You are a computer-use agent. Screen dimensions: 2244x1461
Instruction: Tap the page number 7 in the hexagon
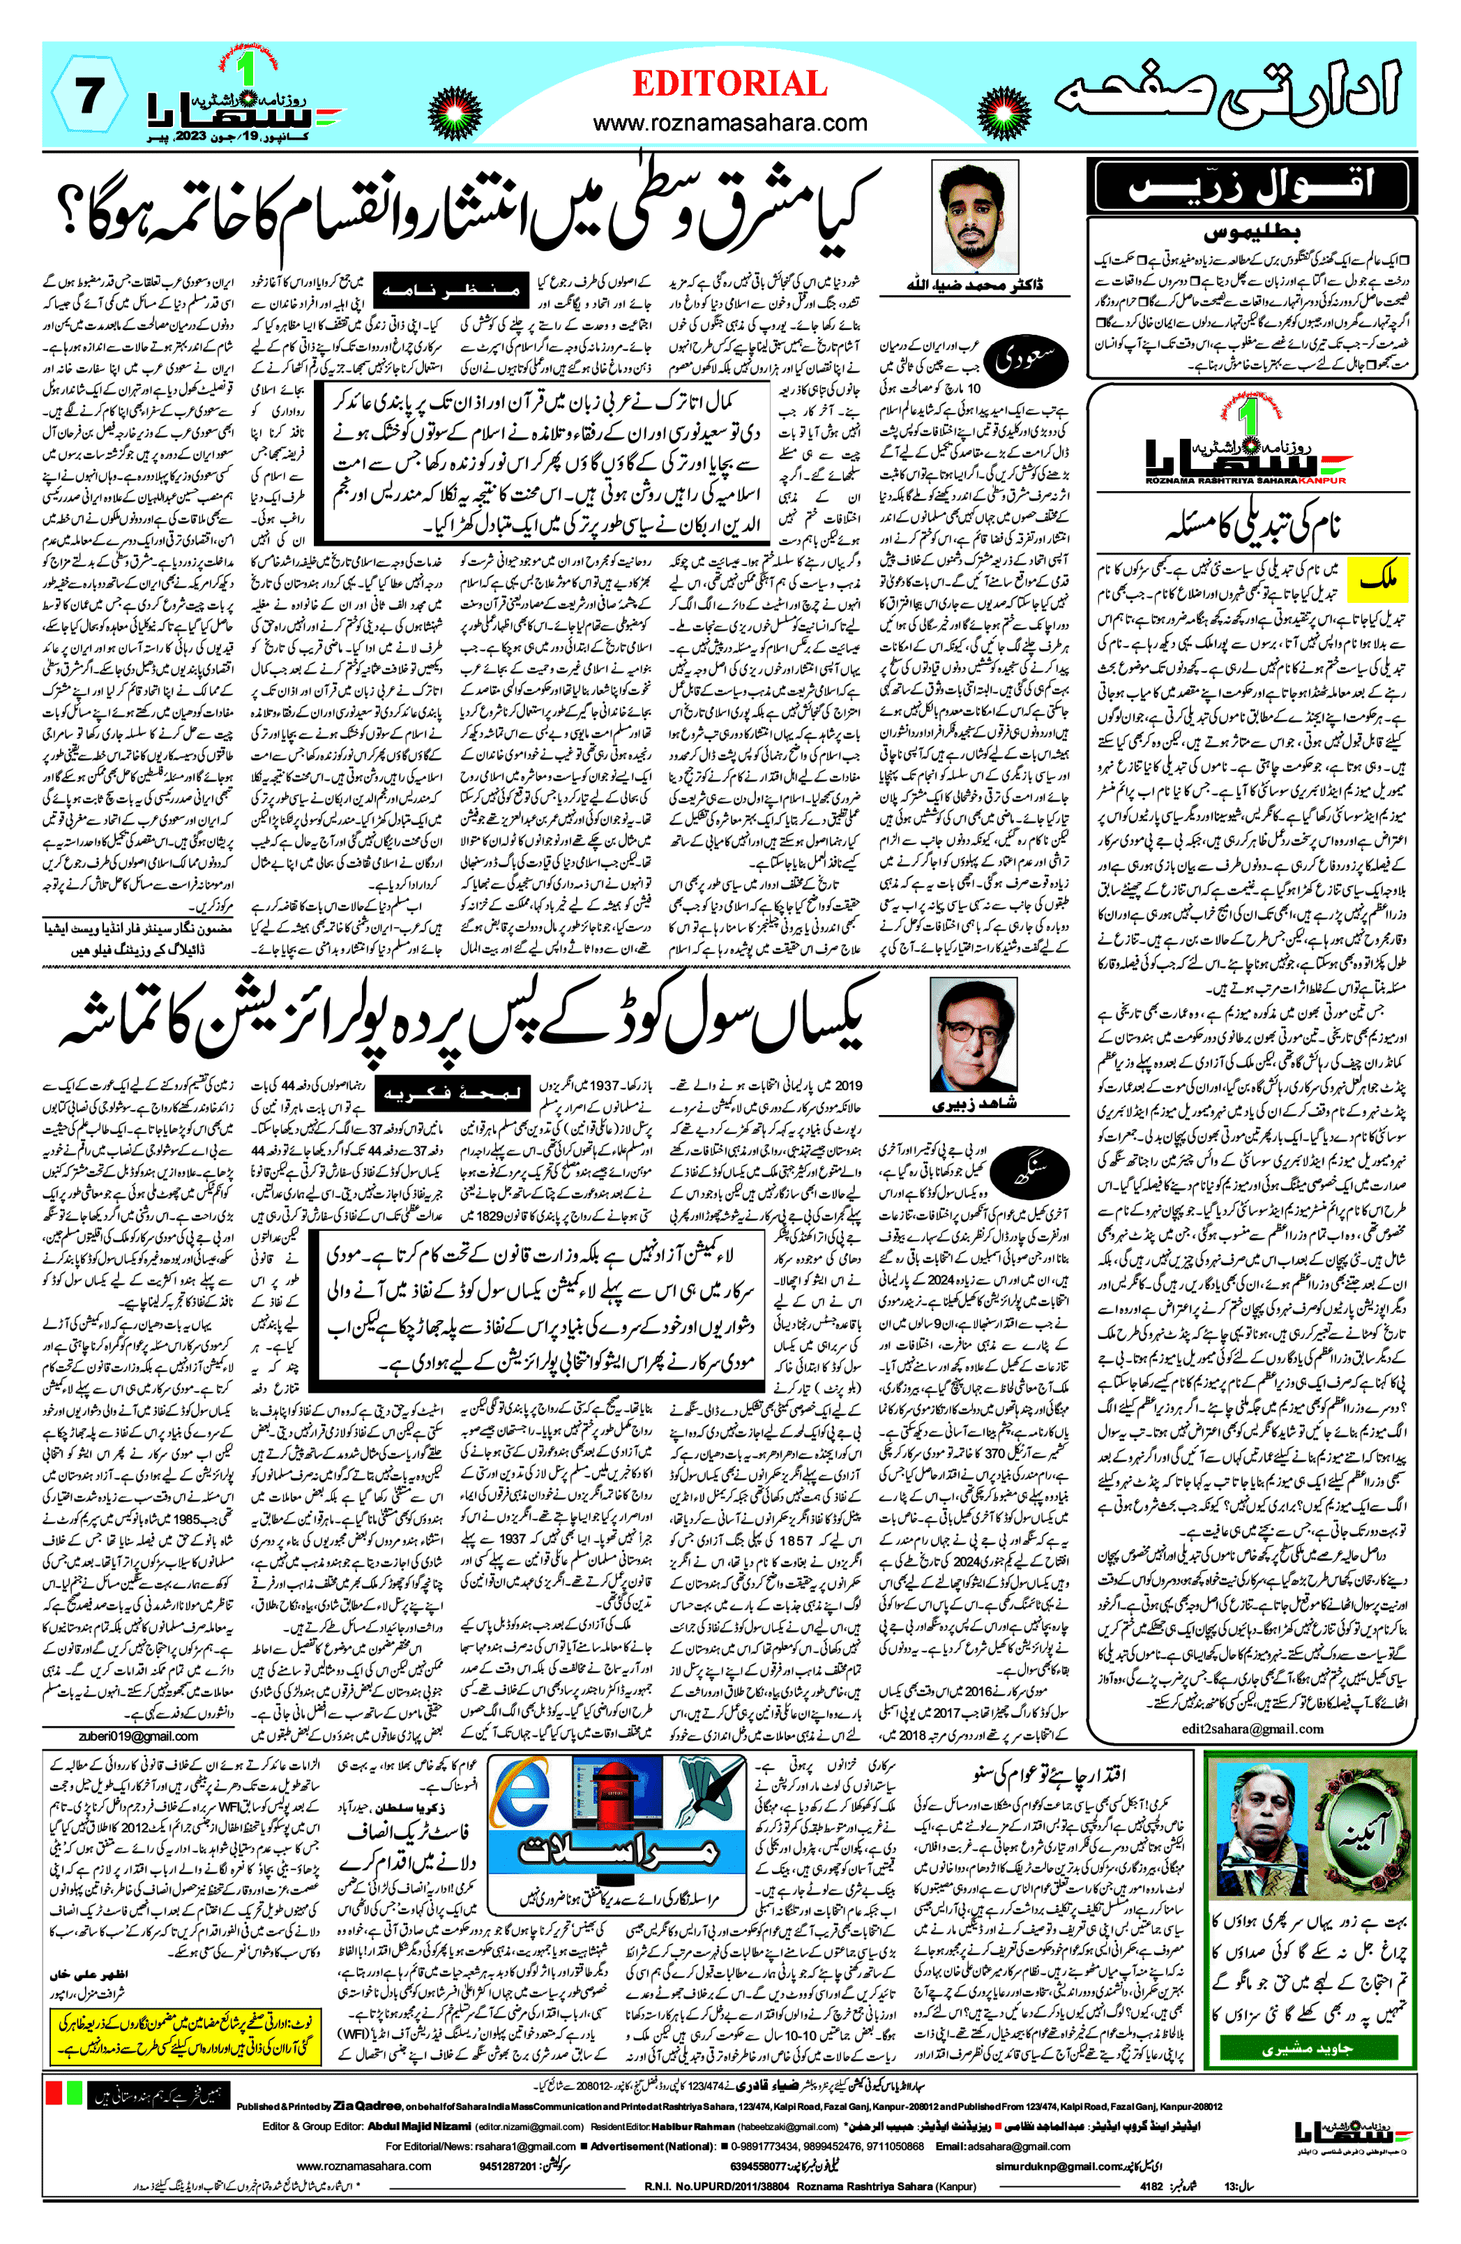tap(89, 98)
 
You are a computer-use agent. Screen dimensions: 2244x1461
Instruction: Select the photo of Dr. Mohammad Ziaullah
tap(974, 218)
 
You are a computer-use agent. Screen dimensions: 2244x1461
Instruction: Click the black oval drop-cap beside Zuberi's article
tap(1035, 1169)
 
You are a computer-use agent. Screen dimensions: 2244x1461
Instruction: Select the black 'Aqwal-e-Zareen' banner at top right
tap(1252, 185)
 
